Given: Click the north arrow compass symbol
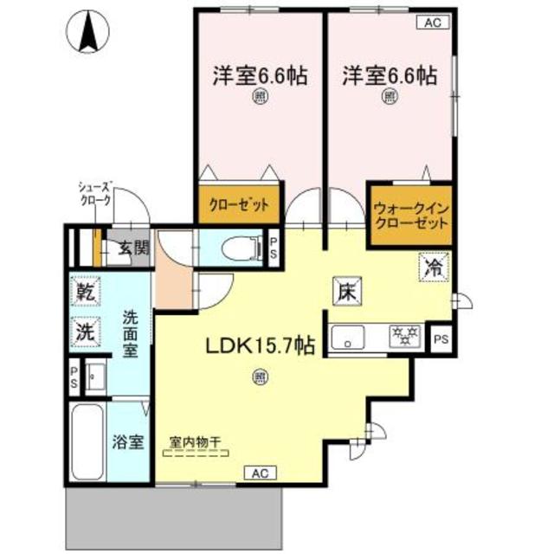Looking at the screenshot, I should tap(87, 31).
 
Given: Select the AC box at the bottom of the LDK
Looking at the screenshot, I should tap(261, 472).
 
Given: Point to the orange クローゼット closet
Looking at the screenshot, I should tap(238, 206).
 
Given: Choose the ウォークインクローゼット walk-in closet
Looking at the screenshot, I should tap(410, 215).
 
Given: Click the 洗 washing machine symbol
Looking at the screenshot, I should tap(84, 331).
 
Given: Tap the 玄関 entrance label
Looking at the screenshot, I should tap(133, 248).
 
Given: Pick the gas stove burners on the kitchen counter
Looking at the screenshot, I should tap(403, 333).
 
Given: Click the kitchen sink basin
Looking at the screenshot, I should tap(348, 337).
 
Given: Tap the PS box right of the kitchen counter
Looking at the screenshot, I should tap(441, 337).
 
